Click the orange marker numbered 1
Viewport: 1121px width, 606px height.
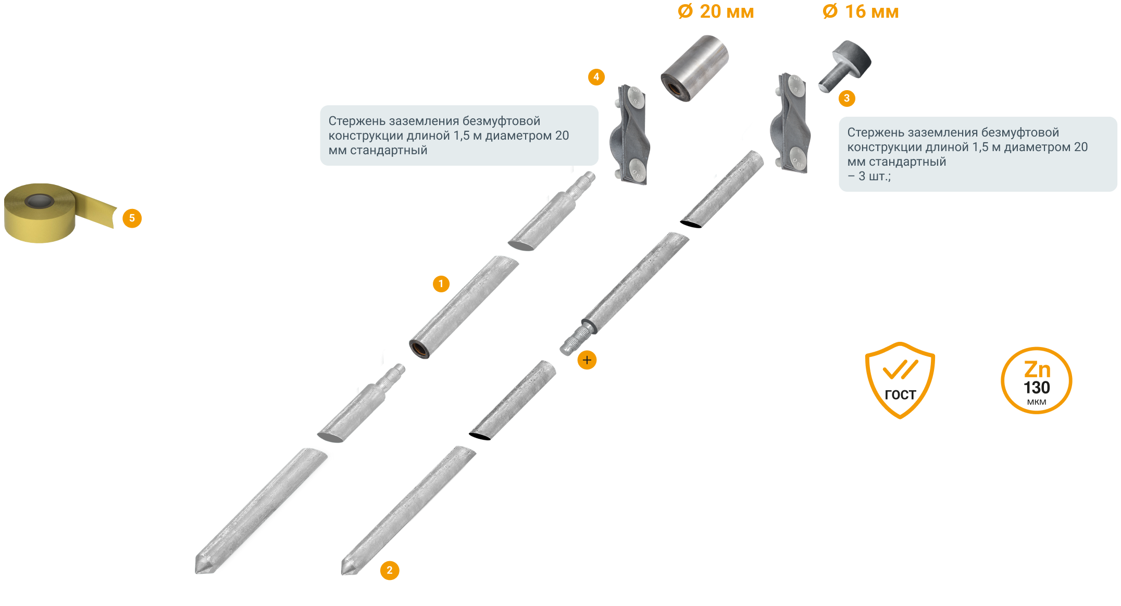pyautogui.click(x=441, y=284)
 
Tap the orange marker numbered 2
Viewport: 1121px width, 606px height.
pyautogui.click(x=390, y=571)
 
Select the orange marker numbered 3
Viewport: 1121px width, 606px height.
pyautogui.click(x=847, y=98)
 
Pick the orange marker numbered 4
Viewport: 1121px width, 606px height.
pyautogui.click(x=596, y=77)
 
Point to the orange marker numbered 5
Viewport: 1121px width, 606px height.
pyautogui.click(x=132, y=218)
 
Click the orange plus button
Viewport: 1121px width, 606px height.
pyautogui.click(x=587, y=360)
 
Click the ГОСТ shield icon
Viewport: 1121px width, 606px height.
pyautogui.click(x=900, y=380)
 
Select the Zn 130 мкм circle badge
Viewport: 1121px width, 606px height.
pyautogui.click(x=1037, y=381)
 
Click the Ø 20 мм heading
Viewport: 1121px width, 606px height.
pyautogui.click(x=716, y=11)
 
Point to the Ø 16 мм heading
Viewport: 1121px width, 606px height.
pyautogui.click(x=861, y=11)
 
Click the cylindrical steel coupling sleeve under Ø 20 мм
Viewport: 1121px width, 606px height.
pyautogui.click(x=694, y=68)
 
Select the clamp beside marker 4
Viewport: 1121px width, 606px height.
pyautogui.click(x=629, y=135)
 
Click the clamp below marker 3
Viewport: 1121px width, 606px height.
pyautogui.click(x=790, y=123)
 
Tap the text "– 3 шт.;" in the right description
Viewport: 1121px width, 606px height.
pyautogui.click(x=869, y=176)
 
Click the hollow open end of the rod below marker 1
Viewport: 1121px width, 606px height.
pyautogui.click(x=419, y=349)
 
